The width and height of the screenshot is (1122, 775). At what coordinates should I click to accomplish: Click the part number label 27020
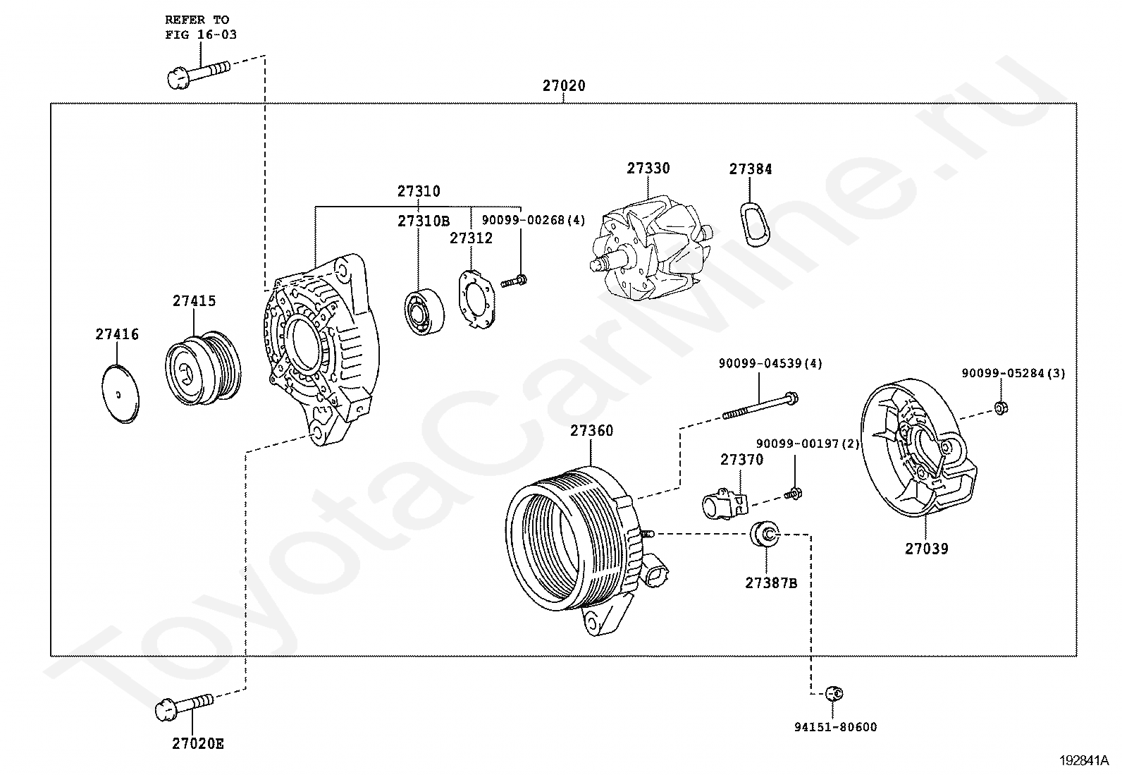(x=564, y=86)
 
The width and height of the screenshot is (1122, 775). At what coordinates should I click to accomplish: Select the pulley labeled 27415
(x=203, y=368)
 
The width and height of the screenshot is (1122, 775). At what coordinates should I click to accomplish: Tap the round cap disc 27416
(x=121, y=394)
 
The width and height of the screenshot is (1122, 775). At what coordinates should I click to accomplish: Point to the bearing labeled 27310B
(x=424, y=312)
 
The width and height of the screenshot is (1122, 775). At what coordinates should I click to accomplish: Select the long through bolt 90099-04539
(x=760, y=406)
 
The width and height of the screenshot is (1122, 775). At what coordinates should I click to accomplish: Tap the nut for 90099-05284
(x=1000, y=408)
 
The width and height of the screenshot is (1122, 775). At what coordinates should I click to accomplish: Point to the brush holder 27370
(x=725, y=504)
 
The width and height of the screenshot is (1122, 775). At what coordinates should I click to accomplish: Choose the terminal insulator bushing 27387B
(x=765, y=534)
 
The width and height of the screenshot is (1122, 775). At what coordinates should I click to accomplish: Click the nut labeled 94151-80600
(x=834, y=694)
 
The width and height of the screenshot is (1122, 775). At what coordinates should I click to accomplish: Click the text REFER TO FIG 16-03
(x=200, y=27)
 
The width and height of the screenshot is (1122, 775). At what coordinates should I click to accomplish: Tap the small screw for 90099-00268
(x=513, y=281)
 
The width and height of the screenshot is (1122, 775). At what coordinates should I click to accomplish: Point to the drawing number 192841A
(x=1084, y=760)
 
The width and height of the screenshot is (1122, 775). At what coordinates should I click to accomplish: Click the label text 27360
(x=591, y=431)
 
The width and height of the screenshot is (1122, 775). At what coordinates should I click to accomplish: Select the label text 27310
(x=419, y=191)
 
